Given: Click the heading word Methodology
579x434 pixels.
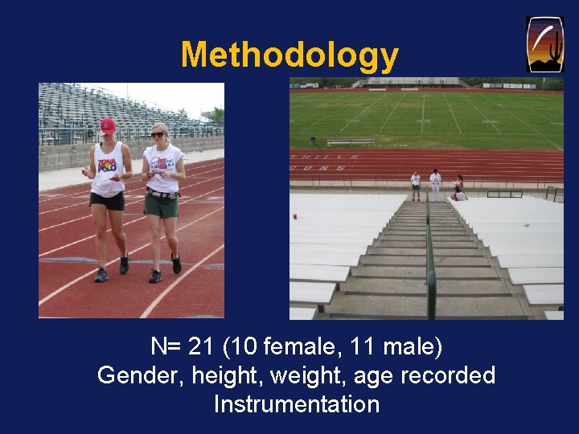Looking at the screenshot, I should pos(289,55).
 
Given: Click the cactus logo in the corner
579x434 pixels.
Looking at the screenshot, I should pos(544,44).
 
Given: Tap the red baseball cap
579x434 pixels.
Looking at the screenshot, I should pos(107,126).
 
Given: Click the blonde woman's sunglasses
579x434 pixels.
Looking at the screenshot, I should pos(158,135).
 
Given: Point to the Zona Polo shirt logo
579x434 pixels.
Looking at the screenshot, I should pos(107,166).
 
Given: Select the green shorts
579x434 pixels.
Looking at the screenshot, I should pos(161,205).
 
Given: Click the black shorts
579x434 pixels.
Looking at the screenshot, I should pos(108,200).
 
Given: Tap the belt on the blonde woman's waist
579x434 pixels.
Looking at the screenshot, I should pos(161,193).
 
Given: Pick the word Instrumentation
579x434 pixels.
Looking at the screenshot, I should pos(296,403).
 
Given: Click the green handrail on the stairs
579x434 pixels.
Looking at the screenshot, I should pos(430,257).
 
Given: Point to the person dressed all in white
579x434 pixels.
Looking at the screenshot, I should pos(435,185).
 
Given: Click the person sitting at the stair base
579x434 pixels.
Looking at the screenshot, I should pos(459,193).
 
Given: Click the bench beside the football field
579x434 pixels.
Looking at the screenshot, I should pos(350,141).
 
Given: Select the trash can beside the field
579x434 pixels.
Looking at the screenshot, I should pos(550,194).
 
